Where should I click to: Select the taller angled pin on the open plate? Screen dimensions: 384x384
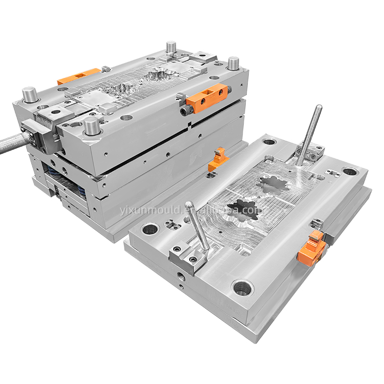(x=309, y=135)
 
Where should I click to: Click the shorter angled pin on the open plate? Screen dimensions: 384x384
(x=197, y=226)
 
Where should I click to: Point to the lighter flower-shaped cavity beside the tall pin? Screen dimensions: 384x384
(x=271, y=185)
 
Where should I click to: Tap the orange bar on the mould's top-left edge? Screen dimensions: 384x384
(x=78, y=76)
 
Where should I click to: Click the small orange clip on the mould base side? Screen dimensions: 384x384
(x=218, y=159)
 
